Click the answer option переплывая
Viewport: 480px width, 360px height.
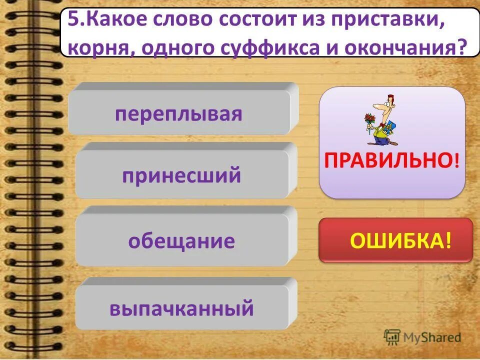click(x=178, y=113)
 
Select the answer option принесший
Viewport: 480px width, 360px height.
click(x=181, y=175)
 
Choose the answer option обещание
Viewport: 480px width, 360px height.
click(x=181, y=241)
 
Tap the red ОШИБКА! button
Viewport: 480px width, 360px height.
click(x=395, y=240)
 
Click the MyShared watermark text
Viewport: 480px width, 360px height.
click(x=432, y=337)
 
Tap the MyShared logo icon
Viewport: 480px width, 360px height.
click(x=392, y=336)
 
